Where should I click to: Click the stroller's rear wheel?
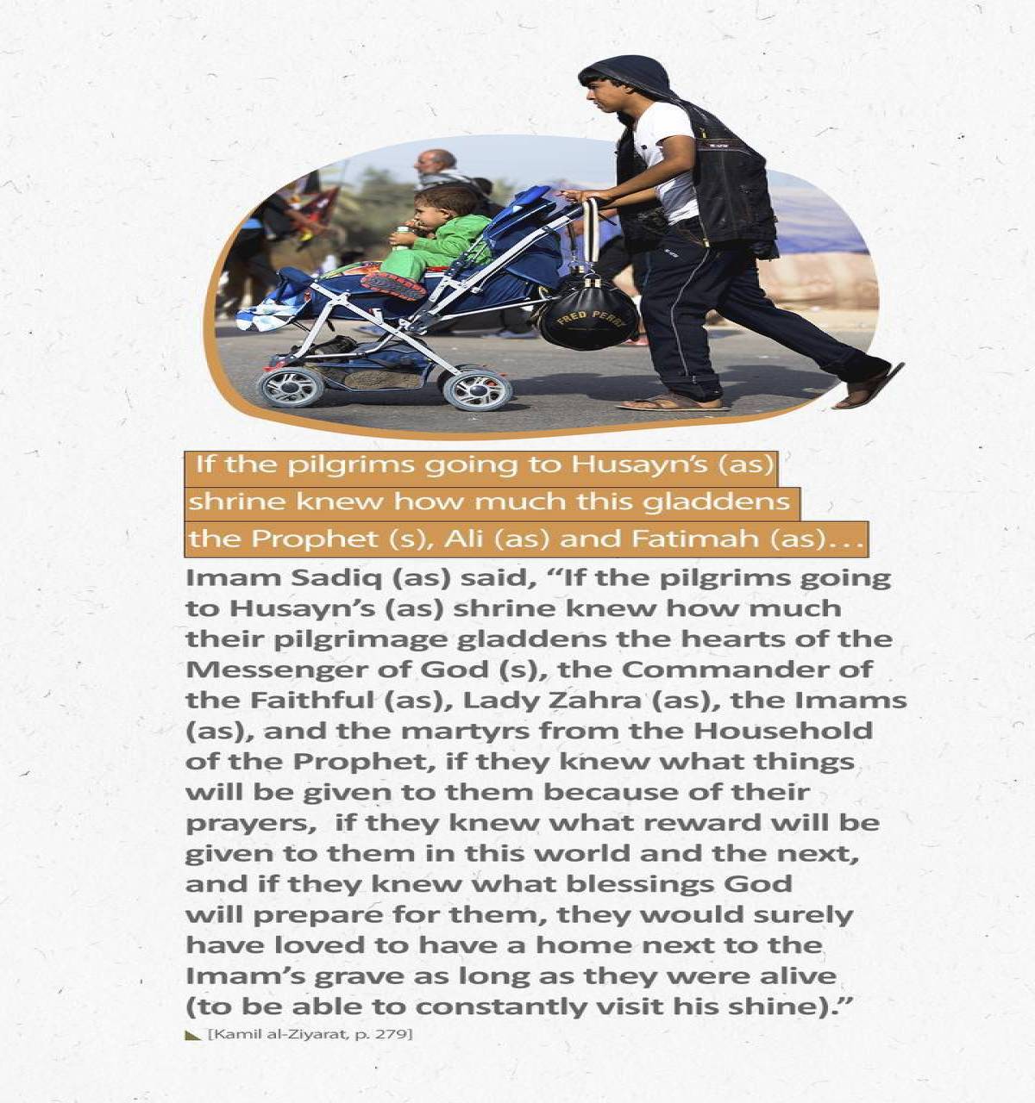pyautogui.click(x=477, y=389)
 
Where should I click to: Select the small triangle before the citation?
pyautogui.click(x=193, y=1034)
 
